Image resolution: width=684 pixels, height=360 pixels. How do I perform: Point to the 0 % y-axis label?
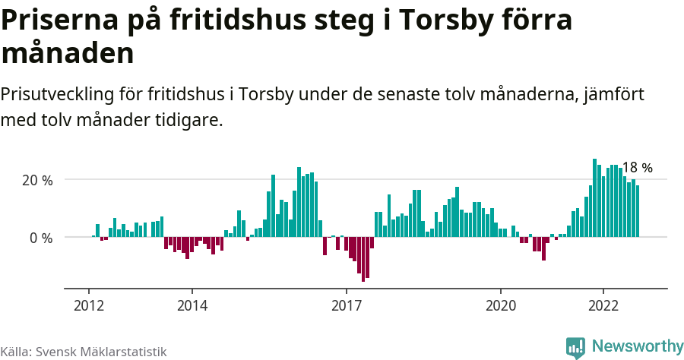(41, 238)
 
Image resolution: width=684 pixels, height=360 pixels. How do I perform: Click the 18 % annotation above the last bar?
(637, 168)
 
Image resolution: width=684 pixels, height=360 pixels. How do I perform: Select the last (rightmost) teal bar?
(638, 211)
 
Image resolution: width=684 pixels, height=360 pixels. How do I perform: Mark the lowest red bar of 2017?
(363, 259)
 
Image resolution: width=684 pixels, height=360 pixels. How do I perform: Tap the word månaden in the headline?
(68, 54)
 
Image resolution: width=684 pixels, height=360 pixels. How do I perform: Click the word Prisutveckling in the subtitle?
(58, 95)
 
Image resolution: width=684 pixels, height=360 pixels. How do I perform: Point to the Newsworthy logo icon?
(575, 347)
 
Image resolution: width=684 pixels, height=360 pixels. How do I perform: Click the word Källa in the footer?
(15, 352)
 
